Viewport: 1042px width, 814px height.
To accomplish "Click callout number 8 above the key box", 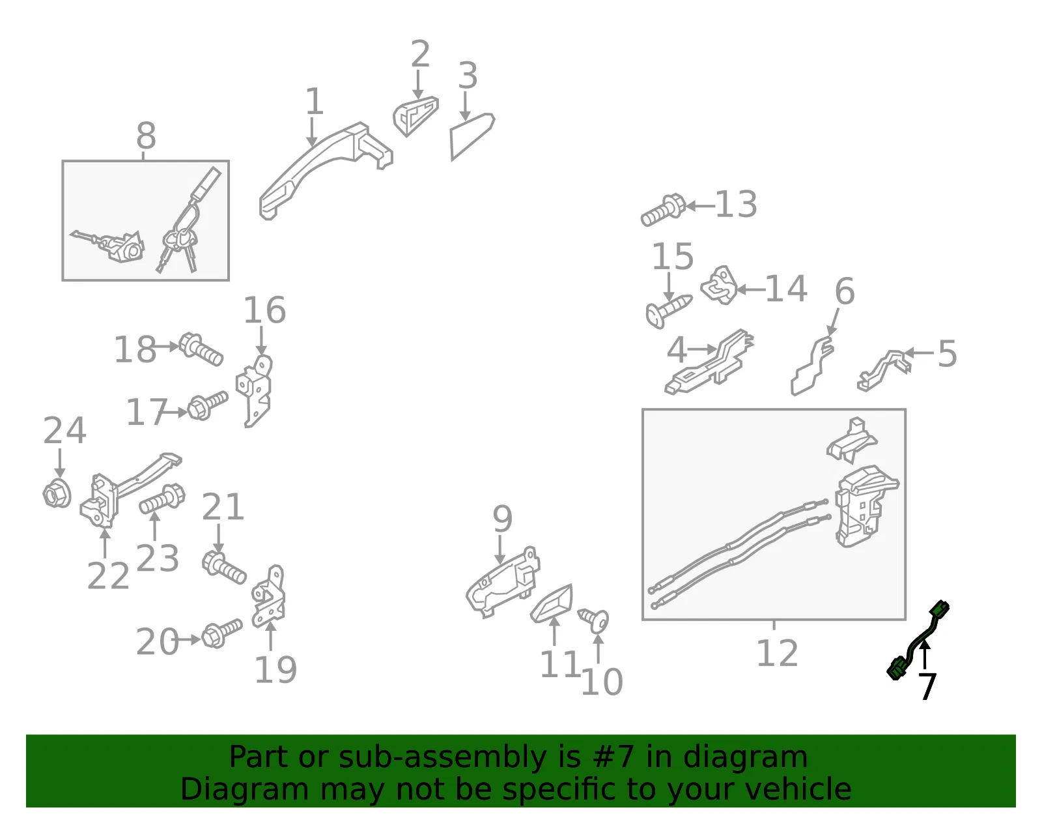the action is (146, 136).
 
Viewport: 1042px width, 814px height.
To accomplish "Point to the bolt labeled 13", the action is (664, 210).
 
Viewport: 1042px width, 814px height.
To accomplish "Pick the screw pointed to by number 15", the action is (668, 311).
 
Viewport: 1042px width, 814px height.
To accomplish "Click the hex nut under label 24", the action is (57, 493).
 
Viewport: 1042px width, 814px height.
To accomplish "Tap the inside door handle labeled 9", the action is (503, 581).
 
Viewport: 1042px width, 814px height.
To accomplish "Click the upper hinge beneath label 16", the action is (255, 390).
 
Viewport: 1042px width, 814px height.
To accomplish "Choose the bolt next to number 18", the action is (201, 349).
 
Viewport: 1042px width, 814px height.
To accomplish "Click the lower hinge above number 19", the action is (270, 596).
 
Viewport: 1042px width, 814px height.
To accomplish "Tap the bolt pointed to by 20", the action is (221, 633).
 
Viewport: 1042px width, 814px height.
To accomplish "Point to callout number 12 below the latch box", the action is (777, 653).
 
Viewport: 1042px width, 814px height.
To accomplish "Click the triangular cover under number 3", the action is (472, 136).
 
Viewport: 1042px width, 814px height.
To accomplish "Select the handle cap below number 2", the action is (415, 116).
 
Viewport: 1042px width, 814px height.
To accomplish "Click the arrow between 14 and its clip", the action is (751, 290).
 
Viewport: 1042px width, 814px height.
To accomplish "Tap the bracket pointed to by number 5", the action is (883, 370).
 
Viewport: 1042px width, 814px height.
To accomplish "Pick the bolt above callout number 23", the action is (162, 499).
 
